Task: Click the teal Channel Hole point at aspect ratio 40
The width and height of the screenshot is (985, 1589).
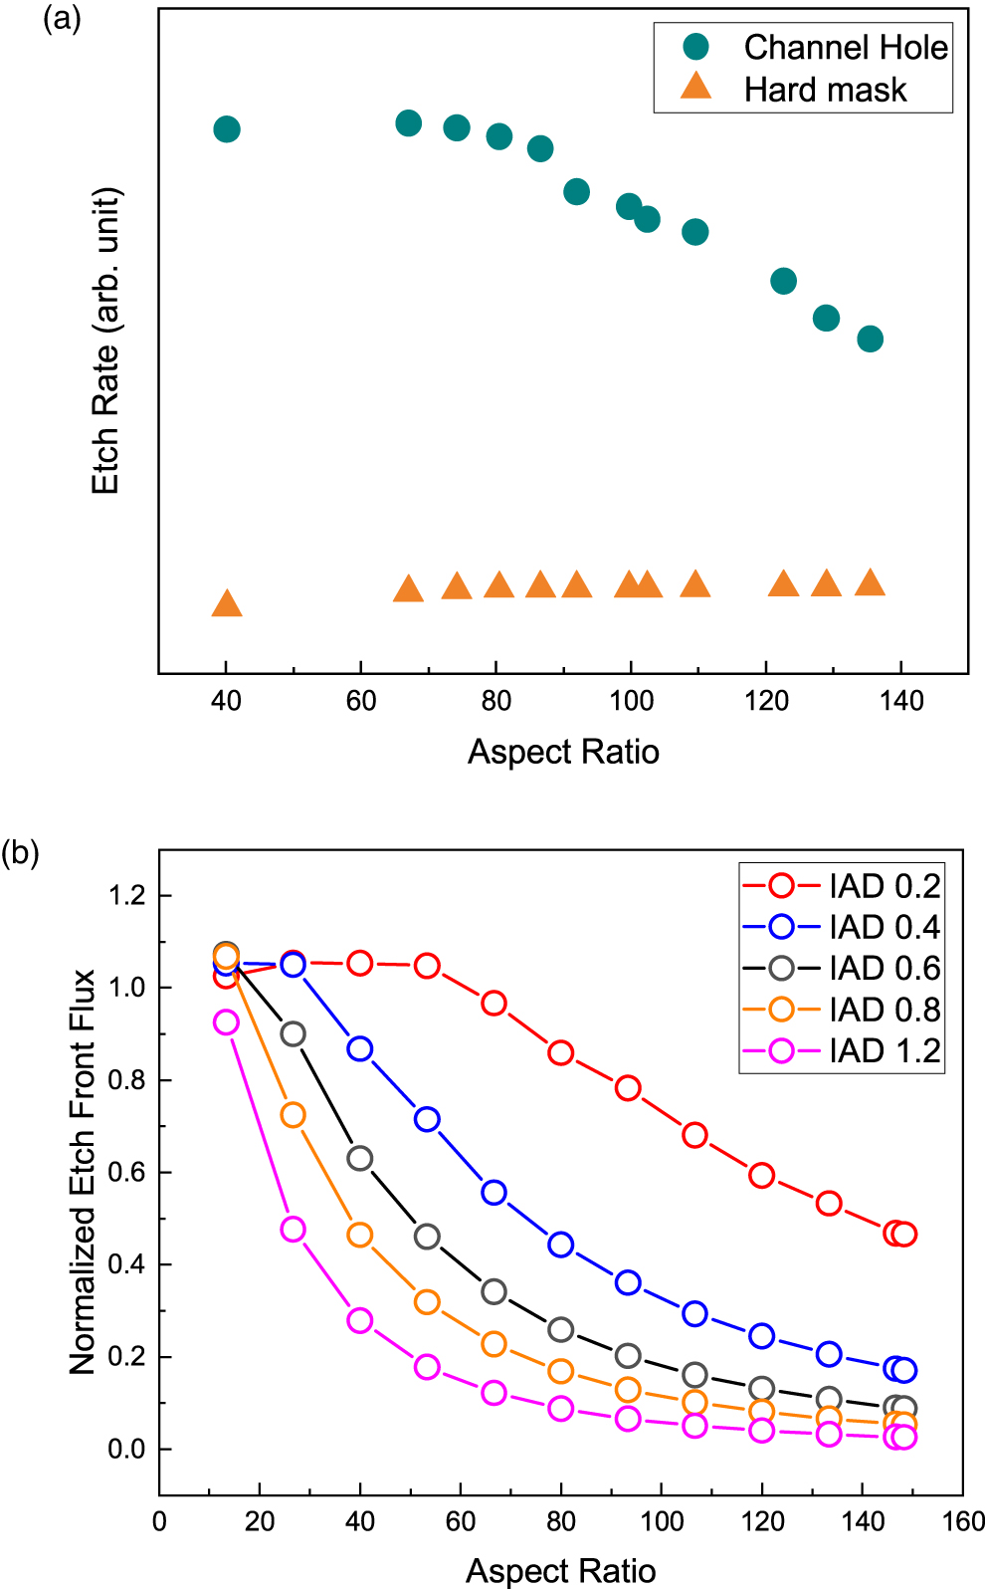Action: tap(227, 129)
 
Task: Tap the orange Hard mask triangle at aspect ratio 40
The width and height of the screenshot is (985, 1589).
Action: tap(227, 603)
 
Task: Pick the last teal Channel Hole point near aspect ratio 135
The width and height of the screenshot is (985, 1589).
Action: tap(870, 340)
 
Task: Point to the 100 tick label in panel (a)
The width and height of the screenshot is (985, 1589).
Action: tap(631, 701)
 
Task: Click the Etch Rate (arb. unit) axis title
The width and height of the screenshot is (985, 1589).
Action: tap(105, 340)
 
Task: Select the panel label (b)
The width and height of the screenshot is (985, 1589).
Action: tap(20, 853)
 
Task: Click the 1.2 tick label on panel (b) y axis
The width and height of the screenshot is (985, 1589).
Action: tap(126, 895)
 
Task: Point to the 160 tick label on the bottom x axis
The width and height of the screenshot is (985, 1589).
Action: tap(963, 1521)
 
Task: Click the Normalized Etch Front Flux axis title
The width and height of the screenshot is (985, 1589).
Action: tap(83, 1172)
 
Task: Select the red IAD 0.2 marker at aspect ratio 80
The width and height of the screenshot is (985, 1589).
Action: tap(561, 1052)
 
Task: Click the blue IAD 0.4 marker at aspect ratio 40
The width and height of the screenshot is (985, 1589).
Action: tap(360, 1049)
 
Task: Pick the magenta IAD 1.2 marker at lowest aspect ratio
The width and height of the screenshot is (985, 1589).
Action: tap(226, 1022)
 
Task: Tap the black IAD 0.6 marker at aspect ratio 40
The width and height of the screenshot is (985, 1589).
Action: tap(360, 1158)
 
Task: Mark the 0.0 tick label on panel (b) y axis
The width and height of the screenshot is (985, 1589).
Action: tap(126, 1450)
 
